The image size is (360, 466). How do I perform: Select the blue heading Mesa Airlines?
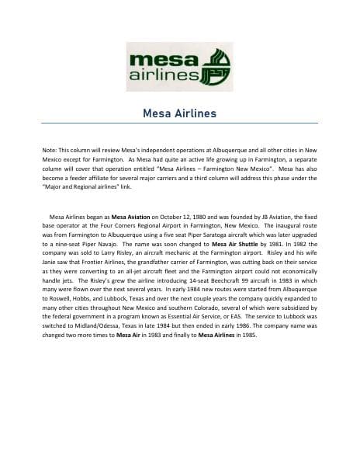(179, 113)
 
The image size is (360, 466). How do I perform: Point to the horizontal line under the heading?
(179, 123)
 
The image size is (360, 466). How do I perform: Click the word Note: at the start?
(50, 147)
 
